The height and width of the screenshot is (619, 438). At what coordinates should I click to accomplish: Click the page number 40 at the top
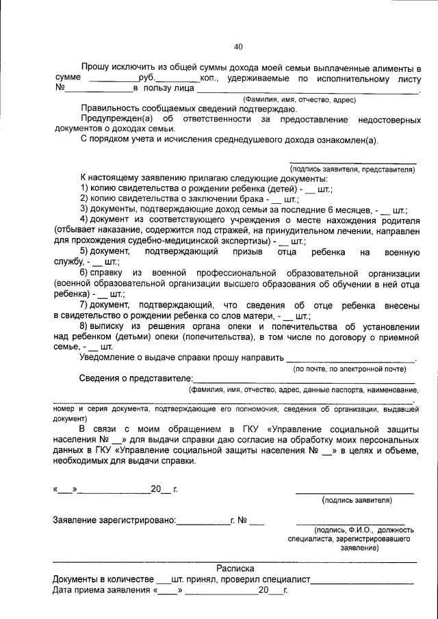coord(238,47)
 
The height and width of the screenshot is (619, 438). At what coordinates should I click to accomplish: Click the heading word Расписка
coord(235,568)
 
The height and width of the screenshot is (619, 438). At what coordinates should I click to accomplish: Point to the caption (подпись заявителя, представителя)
coord(352,168)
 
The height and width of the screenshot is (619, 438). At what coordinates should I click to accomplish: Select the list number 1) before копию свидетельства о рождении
coord(86,188)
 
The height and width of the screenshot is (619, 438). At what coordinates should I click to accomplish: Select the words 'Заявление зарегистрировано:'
coord(114,521)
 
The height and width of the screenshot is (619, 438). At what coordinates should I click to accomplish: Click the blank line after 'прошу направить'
coord(350,358)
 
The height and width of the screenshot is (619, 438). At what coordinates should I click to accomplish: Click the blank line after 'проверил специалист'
coord(363,579)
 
